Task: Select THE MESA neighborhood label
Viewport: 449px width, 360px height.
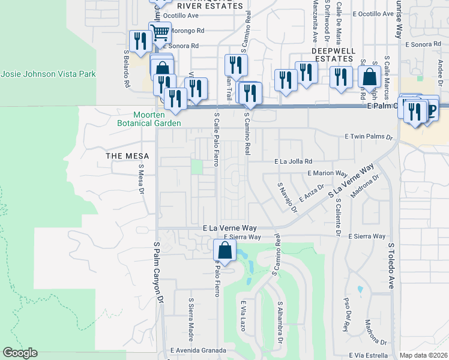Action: (123, 156)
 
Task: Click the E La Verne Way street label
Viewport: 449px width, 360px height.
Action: (229, 229)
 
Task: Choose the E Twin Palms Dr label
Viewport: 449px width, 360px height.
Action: (368, 137)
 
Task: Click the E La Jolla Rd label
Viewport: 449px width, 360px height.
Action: (294, 161)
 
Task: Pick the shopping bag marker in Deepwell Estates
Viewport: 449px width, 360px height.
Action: (369, 77)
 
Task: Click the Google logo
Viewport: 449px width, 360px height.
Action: (20, 353)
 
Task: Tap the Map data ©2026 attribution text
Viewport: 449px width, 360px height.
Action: (423, 355)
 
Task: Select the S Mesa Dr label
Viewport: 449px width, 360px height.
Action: (142, 180)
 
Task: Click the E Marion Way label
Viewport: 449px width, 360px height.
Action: (328, 173)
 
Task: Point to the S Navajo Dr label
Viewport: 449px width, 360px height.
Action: (287, 197)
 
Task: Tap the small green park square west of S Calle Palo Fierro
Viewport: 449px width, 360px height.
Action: (197, 166)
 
